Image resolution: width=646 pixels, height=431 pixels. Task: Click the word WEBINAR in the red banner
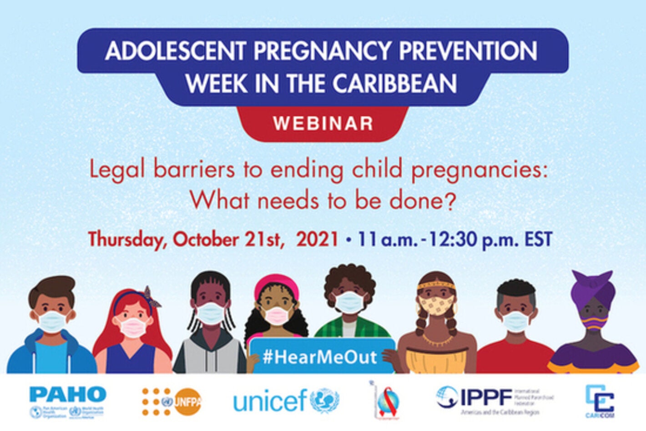(323, 124)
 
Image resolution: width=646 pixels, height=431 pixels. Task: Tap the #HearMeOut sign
(320, 357)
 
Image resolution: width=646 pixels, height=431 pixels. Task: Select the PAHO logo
(67, 401)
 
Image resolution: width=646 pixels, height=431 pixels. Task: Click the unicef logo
(286, 401)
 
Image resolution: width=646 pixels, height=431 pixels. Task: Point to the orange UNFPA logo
(172, 401)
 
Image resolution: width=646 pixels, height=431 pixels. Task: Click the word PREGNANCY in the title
(323, 51)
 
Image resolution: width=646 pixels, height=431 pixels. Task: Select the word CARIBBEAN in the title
(394, 84)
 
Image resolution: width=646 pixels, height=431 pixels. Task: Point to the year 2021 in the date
(317, 239)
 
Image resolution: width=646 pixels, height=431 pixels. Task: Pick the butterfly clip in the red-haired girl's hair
(151, 296)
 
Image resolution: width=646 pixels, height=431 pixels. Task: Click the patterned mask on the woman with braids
(436, 305)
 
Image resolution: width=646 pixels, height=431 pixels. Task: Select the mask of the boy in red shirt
(516, 321)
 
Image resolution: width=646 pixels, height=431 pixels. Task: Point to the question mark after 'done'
(449, 200)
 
